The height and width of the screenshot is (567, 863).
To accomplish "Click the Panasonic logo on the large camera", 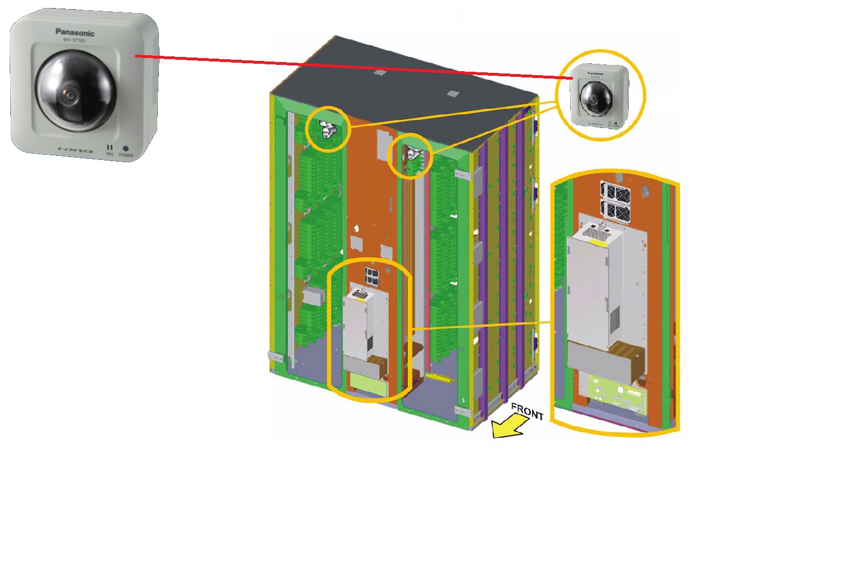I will (x=75, y=32).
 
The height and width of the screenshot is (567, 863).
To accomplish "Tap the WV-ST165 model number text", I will (x=75, y=40).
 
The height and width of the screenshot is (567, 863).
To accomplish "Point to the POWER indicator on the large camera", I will (x=126, y=149).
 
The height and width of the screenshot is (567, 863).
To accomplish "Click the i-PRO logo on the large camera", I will (x=75, y=150).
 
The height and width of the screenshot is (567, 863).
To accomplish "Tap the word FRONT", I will (x=527, y=411).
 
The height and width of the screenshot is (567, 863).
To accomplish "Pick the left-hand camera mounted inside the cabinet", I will (x=328, y=131).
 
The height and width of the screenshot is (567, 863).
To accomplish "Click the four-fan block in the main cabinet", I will (x=372, y=277).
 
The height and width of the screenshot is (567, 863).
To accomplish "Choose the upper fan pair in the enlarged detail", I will (x=615, y=192).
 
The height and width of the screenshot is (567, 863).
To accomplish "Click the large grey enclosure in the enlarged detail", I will (x=592, y=290).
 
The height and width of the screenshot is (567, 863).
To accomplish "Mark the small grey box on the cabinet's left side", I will (x=313, y=295).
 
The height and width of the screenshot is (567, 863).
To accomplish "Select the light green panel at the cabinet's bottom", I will (x=367, y=384).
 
